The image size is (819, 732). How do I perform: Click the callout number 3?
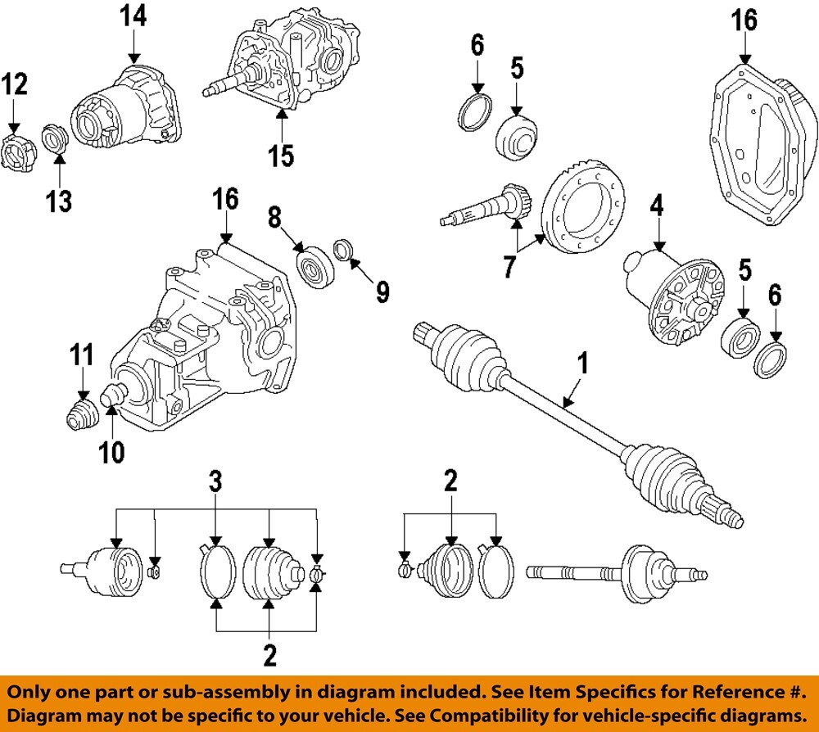tap(215, 481)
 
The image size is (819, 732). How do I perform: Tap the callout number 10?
tap(112, 450)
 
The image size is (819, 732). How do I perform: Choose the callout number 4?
tap(657, 205)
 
